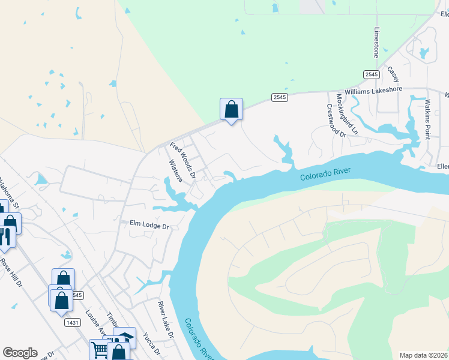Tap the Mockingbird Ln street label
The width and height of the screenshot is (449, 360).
click(346, 113)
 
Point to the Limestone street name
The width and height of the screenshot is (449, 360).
click(377, 42)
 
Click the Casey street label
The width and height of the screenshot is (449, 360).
click(393, 75)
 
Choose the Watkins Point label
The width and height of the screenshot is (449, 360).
click(428, 119)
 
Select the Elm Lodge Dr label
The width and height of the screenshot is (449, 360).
click(150, 224)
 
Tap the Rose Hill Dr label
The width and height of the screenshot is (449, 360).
click(11, 272)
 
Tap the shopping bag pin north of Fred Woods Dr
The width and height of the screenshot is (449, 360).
click(231, 109)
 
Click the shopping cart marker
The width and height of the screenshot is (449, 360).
click(100, 350)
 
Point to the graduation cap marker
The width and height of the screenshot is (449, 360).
click(125, 338)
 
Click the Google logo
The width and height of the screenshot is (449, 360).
click(20, 353)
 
